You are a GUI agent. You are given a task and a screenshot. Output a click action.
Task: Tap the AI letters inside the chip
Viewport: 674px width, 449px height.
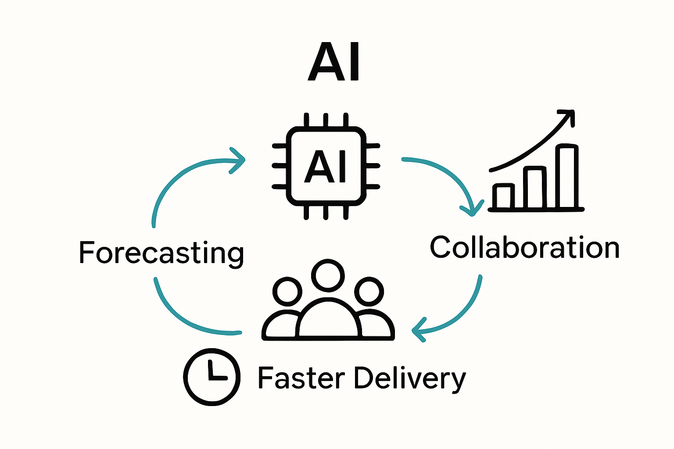(326, 167)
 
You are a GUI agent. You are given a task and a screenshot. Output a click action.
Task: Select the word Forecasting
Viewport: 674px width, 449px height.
(161, 253)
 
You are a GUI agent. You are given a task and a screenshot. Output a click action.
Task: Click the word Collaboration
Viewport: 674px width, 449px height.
(524, 248)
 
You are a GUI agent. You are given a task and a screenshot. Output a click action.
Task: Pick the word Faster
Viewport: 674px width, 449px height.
(301, 378)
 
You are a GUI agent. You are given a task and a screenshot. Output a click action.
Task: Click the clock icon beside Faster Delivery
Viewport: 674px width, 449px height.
(212, 377)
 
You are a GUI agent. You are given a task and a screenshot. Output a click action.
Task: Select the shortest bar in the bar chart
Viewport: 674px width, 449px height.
(504, 196)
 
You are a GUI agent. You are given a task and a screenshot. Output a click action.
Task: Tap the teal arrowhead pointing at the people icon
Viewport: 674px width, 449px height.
(419, 330)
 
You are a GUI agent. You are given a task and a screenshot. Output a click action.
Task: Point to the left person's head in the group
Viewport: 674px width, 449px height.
(287, 291)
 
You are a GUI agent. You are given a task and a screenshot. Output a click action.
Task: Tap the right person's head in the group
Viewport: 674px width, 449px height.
(369, 291)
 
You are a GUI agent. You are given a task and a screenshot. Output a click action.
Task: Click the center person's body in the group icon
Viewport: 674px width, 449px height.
(328, 320)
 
